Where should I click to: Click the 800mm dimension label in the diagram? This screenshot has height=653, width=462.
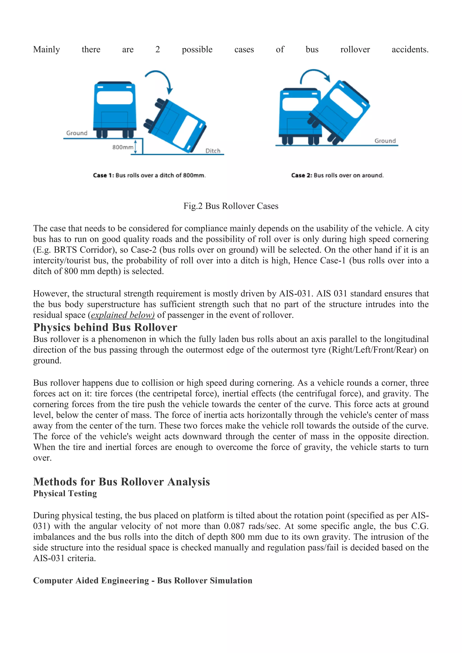[x=123, y=147]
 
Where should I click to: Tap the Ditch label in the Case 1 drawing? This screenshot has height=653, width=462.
[x=213, y=151]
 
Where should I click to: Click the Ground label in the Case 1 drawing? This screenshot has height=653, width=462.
[x=77, y=133]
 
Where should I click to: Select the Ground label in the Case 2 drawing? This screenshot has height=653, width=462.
[x=385, y=141]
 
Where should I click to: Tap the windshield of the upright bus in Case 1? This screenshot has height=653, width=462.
[x=115, y=98]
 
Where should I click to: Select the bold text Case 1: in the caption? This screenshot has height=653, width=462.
[x=103, y=175]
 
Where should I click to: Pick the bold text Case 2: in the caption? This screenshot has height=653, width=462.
[x=302, y=175]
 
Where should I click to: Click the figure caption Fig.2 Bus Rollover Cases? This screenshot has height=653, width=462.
[x=231, y=206]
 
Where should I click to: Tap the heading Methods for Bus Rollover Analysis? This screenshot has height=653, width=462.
[x=121, y=482]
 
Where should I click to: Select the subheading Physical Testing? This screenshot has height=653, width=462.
[x=65, y=493]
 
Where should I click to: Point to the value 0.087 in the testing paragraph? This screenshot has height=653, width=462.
[x=234, y=526]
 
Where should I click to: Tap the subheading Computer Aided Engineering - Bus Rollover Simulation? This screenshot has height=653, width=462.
[x=143, y=580]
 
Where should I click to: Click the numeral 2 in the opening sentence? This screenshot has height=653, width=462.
[x=158, y=49]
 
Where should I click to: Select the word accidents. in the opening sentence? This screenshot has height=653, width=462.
[x=410, y=49]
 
